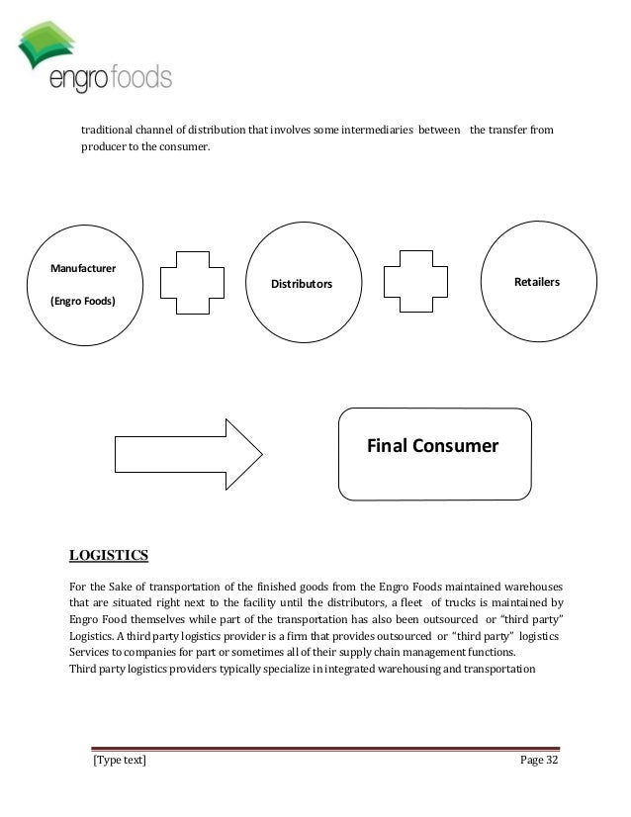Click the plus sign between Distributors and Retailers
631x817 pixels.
419,285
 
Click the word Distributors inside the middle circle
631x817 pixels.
303,286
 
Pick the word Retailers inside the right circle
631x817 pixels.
537,282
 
